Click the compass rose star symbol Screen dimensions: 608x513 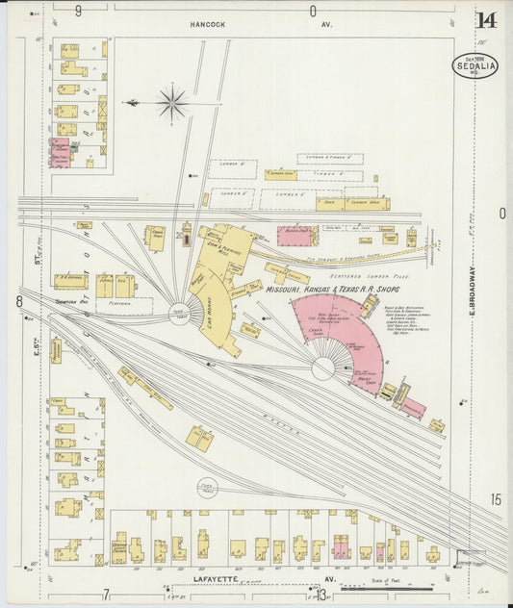(x=171, y=103)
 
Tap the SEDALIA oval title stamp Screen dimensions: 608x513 (x=475, y=65)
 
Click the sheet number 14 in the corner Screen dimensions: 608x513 (x=486, y=19)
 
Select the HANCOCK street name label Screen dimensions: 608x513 (x=207, y=24)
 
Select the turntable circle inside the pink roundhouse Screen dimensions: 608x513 (x=323, y=367)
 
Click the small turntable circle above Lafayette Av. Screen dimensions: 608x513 (x=207, y=488)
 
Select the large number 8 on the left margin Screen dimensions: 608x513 (x=18, y=302)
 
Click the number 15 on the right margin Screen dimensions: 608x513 (x=495, y=499)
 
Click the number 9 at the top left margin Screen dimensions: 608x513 (x=78, y=10)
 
